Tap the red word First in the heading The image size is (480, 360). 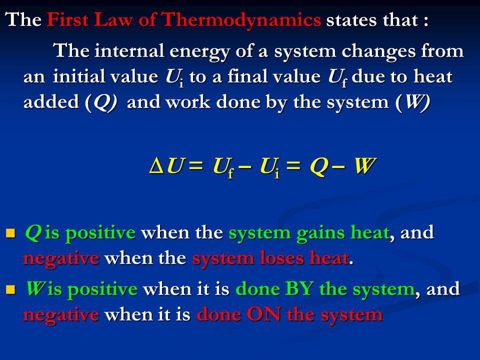tap(67, 19)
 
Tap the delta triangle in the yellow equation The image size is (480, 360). tap(156, 166)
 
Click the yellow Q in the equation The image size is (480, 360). tap(318, 167)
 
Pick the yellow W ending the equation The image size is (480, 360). tap(364, 166)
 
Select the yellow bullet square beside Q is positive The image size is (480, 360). tap(10, 233)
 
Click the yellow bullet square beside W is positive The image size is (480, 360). tap(10, 289)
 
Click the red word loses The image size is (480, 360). tap(281, 258)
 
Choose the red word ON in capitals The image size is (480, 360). tap(264, 314)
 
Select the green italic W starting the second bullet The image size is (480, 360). tap(35, 288)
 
